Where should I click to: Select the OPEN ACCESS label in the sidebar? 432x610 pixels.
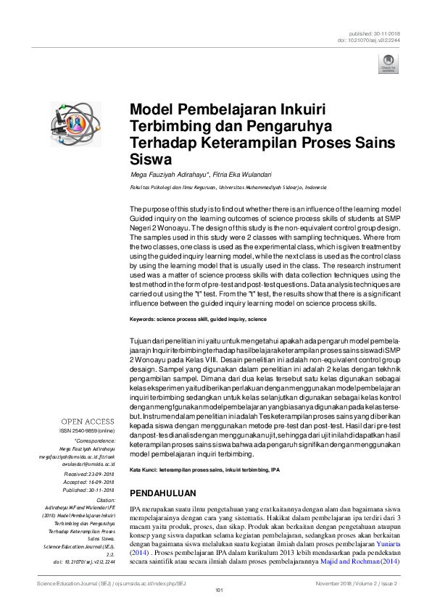pyautogui.click(x=87, y=421)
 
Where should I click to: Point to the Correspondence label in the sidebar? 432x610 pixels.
pyautogui.click(x=95, y=440)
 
